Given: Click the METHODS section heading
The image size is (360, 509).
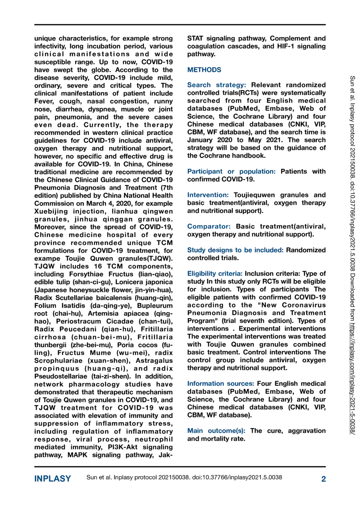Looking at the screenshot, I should click(204, 70).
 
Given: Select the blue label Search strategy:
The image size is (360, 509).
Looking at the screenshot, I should click(216, 85).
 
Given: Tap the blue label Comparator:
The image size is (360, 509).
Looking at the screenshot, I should click(209, 227).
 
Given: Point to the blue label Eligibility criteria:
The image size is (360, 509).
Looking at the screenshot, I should click(214, 274).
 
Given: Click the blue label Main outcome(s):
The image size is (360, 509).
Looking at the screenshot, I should click(216, 431).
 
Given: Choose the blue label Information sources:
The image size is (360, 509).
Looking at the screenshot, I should click(220, 384).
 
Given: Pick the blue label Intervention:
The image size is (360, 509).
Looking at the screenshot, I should click(208, 195).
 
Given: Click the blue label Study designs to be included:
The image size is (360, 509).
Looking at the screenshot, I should click(235, 250).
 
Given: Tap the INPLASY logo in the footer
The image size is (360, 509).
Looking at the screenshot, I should click(52, 479).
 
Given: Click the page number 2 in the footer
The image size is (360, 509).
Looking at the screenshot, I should click(323, 479).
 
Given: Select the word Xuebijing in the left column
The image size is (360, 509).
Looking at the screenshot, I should click(51, 211).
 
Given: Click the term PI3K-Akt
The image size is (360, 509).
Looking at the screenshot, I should click(123, 447).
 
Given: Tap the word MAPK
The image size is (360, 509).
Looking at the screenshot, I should click(77, 455).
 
